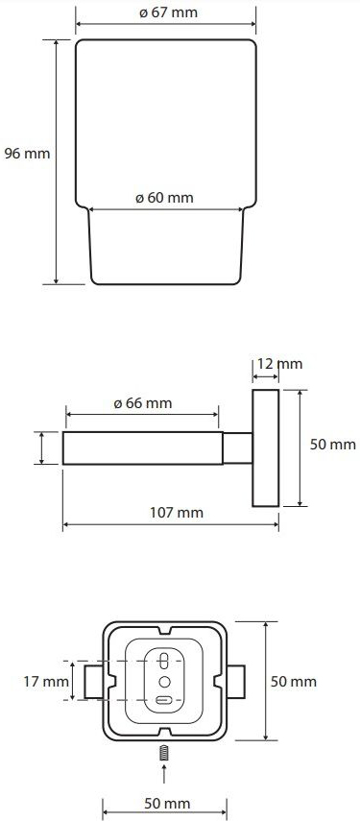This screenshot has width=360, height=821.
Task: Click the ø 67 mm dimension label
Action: [169, 12]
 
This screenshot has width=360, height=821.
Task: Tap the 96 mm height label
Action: [27, 154]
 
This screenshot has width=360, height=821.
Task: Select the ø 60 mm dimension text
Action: [164, 198]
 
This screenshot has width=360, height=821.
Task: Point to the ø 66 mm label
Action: [143, 403]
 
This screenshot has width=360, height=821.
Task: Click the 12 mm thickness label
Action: [280, 363]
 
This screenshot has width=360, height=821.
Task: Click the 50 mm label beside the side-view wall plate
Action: [333, 445]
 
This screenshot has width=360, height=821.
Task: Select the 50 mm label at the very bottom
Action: [167, 803]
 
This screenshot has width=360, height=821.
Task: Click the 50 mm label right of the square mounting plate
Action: [294, 681]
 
